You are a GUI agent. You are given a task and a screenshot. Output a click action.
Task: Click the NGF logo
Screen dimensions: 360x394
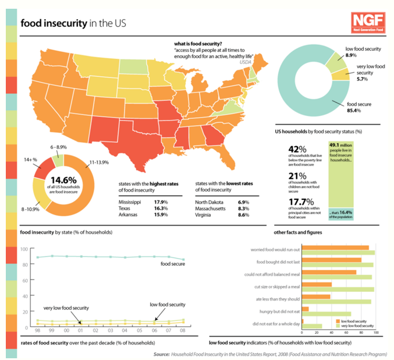pyautogui.click(x=364, y=23)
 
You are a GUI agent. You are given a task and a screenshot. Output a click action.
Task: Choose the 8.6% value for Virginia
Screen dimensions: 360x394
pyautogui.click(x=243, y=215)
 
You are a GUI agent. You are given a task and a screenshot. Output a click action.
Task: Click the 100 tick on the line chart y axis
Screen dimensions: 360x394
pyautogui.click(x=24, y=249)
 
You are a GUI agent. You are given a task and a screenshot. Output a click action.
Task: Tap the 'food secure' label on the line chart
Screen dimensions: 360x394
pyautogui.click(x=174, y=264)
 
